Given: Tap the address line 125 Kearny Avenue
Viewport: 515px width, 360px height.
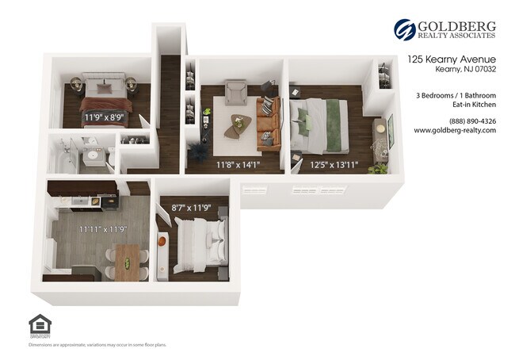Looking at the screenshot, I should [x=452, y=59].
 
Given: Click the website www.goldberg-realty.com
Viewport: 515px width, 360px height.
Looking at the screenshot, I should [x=455, y=130].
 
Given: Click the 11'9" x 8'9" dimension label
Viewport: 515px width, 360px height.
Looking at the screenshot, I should [x=105, y=118].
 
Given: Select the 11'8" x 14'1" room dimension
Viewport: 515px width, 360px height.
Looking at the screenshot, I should [x=238, y=165].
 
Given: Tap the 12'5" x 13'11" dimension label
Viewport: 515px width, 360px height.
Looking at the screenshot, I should [x=334, y=165].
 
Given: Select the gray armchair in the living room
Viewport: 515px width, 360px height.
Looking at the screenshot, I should [x=236, y=95].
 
